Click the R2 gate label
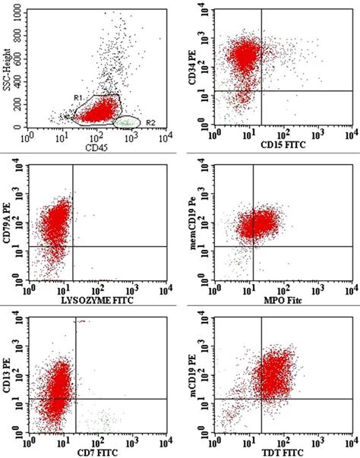151,122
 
